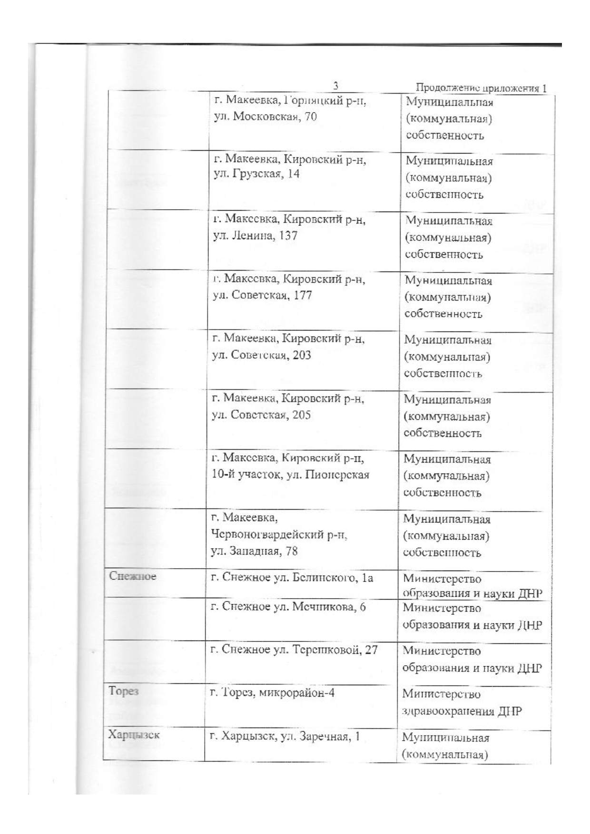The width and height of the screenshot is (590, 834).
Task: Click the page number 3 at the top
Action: point(336,86)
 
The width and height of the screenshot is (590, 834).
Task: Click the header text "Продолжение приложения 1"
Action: point(481,88)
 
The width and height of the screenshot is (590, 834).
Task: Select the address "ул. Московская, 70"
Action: point(265,116)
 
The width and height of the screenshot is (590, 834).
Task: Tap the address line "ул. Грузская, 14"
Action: point(256,174)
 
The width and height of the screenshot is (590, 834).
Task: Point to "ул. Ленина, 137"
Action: point(255,235)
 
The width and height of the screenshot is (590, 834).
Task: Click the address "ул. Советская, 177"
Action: point(262,295)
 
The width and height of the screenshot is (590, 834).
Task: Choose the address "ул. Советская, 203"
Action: point(261,355)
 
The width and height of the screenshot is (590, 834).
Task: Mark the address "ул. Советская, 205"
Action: point(261,415)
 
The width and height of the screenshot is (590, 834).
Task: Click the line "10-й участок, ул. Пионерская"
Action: point(290,475)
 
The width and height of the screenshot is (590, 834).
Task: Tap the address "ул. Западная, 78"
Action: point(254,551)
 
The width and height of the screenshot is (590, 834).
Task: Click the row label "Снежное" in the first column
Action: point(132,576)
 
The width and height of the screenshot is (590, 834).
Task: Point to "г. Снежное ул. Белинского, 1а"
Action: point(292,578)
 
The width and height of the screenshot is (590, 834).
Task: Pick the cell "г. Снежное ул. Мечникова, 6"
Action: point(288,607)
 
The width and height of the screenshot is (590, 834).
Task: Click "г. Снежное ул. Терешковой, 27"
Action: point(294,650)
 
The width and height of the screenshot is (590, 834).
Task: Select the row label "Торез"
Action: point(123,691)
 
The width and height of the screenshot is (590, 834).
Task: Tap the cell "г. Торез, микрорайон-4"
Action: point(272,693)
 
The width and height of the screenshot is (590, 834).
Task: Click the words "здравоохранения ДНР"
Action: point(462,712)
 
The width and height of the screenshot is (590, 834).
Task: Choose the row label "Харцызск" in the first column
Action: point(134,735)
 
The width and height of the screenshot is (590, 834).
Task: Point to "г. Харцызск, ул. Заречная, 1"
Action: point(285,737)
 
